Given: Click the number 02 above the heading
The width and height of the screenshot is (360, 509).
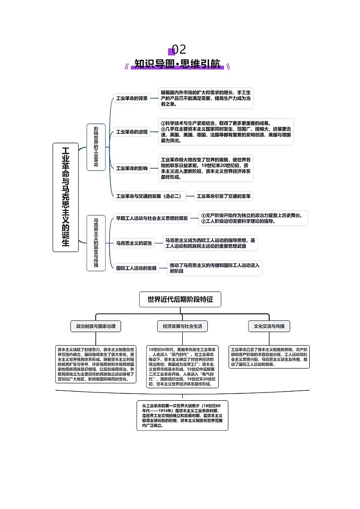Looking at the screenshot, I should (x=179, y=49).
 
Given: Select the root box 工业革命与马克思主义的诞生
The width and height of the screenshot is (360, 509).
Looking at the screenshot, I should (x=66, y=197).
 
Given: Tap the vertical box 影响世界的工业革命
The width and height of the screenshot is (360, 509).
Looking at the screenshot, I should (x=96, y=147).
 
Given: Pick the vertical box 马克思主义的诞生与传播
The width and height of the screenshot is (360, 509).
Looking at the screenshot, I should (x=96, y=242).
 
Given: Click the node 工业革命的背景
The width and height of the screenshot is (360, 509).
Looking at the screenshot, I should (x=131, y=98).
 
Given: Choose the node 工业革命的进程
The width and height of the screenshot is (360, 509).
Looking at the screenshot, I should (x=131, y=132).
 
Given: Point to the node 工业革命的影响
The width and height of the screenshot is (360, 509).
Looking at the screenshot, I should (x=131, y=168).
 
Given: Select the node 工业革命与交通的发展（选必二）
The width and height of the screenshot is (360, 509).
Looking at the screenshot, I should (x=149, y=196).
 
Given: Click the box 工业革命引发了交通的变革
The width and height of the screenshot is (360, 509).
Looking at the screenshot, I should (x=224, y=196).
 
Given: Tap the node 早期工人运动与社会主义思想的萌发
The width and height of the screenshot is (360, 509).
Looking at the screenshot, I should (x=151, y=218).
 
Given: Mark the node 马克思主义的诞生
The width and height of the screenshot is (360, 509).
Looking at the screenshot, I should (x=134, y=243).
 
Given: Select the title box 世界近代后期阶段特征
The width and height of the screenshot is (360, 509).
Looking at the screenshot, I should (x=180, y=299).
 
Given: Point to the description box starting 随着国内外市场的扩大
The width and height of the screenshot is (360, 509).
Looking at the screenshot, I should (x=205, y=98).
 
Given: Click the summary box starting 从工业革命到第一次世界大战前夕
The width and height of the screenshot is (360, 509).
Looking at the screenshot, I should (x=182, y=415).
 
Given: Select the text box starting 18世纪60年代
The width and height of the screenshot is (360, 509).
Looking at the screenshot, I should (x=182, y=367).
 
